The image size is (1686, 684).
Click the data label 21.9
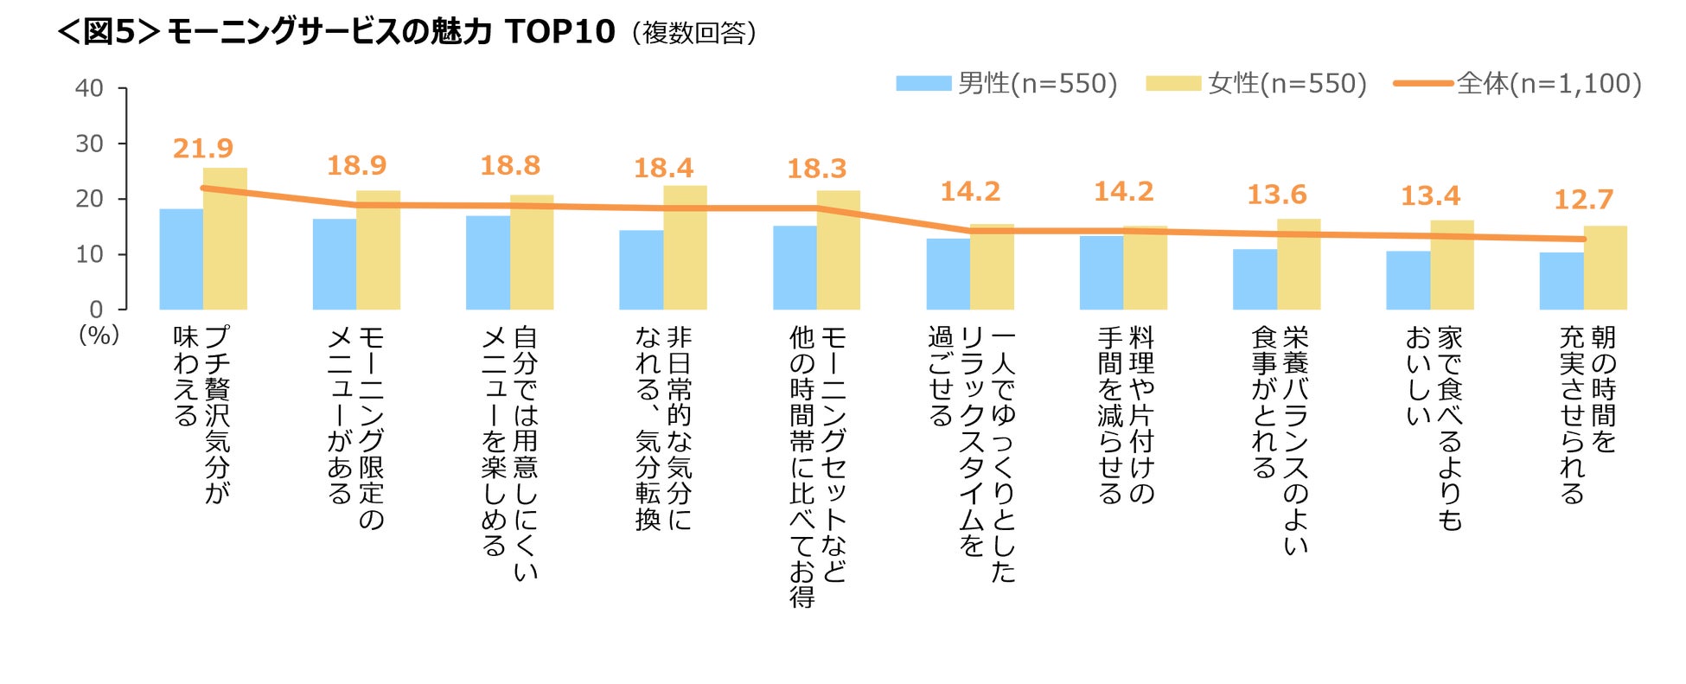tap(203, 149)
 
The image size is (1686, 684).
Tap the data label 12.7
tap(1583, 200)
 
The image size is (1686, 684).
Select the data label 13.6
tap(1276, 195)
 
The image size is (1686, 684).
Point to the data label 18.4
tap(663, 168)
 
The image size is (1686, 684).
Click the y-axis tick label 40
tap(89, 88)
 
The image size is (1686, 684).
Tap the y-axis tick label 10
tap(89, 254)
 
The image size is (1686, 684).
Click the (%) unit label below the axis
tap(99, 335)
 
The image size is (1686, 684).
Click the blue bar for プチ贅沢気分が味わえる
tap(181, 259)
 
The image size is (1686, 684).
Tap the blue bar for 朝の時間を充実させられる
tap(1561, 281)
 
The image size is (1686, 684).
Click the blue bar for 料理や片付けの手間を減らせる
tap(1101, 273)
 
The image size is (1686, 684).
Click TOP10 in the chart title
tap(559, 32)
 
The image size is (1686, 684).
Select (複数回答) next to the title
tap(694, 33)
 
